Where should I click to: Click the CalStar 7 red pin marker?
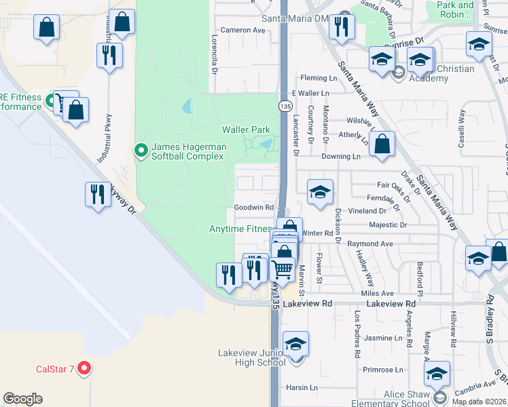pos(84,368)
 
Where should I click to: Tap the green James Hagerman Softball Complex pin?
pos(141,150)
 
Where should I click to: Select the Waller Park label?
pos(246,130)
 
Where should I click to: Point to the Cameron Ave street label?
pos(242,30)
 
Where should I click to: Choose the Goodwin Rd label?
pos(253,208)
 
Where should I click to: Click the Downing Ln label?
pos(340,156)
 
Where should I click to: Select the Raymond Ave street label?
pos(370,244)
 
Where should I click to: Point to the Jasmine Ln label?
pos(383,338)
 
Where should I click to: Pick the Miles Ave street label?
pos(378,293)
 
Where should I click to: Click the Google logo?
pos(22,399)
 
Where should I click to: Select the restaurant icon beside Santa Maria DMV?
pos(339,27)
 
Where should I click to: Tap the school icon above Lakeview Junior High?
pos(295,343)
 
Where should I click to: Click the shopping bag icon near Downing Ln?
pos(383,143)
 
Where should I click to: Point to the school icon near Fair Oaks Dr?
pos(320,191)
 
